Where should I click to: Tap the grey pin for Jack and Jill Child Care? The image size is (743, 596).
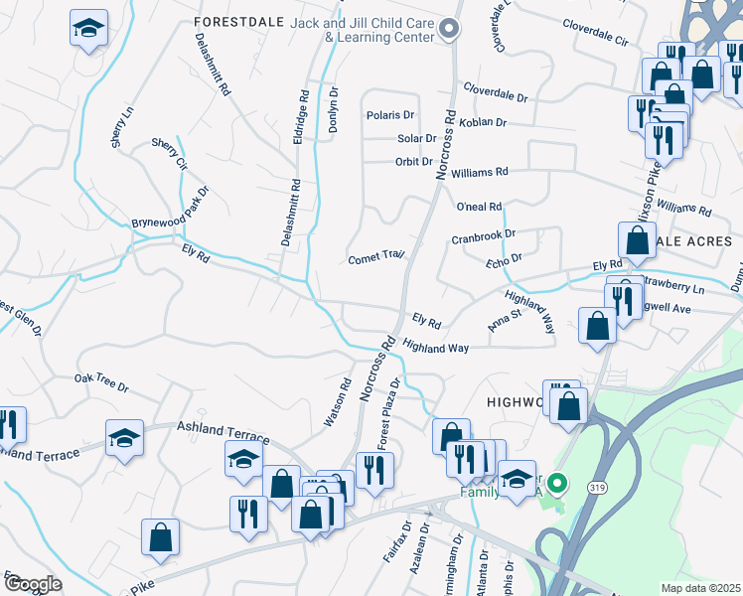(448, 29)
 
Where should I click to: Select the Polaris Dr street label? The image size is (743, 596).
(389, 115)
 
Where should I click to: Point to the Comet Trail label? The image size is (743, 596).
(375, 258)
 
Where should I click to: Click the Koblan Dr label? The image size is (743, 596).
(484, 122)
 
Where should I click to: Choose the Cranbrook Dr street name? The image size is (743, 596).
(484, 237)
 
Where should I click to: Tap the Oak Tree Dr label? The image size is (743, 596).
(102, 378)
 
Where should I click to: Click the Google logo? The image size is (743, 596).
(33, 584)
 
